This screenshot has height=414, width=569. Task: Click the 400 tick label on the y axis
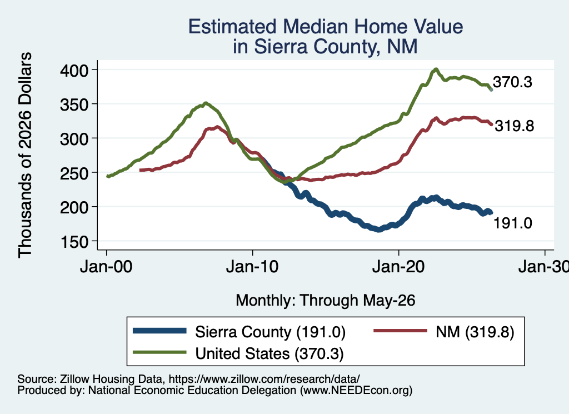point(74,70)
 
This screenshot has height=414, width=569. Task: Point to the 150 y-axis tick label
point(74,242)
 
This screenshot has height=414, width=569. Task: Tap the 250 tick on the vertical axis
point(74,173)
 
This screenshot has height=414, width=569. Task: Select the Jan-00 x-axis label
point(106,267)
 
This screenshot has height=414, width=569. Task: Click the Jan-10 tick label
point(252,267)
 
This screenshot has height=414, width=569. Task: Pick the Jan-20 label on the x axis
point(398,267)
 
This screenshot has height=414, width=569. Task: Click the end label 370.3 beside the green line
point(512,82)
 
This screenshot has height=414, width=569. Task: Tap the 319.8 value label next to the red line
point(514,126)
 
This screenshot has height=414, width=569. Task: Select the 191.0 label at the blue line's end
point(512,223)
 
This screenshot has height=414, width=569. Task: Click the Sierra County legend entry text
point(271,332)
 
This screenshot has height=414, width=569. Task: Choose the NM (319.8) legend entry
point(475,332)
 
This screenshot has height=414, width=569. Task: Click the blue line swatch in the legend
point(159,331)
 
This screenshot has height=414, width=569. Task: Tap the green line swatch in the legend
point(159,352)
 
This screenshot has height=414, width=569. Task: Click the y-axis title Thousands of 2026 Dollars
point(25,155)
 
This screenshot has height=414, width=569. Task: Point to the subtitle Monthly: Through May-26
point(326,301)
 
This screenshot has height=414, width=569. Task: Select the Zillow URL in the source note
point(264,379)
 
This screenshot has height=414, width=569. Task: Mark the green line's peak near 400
point(436,69)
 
